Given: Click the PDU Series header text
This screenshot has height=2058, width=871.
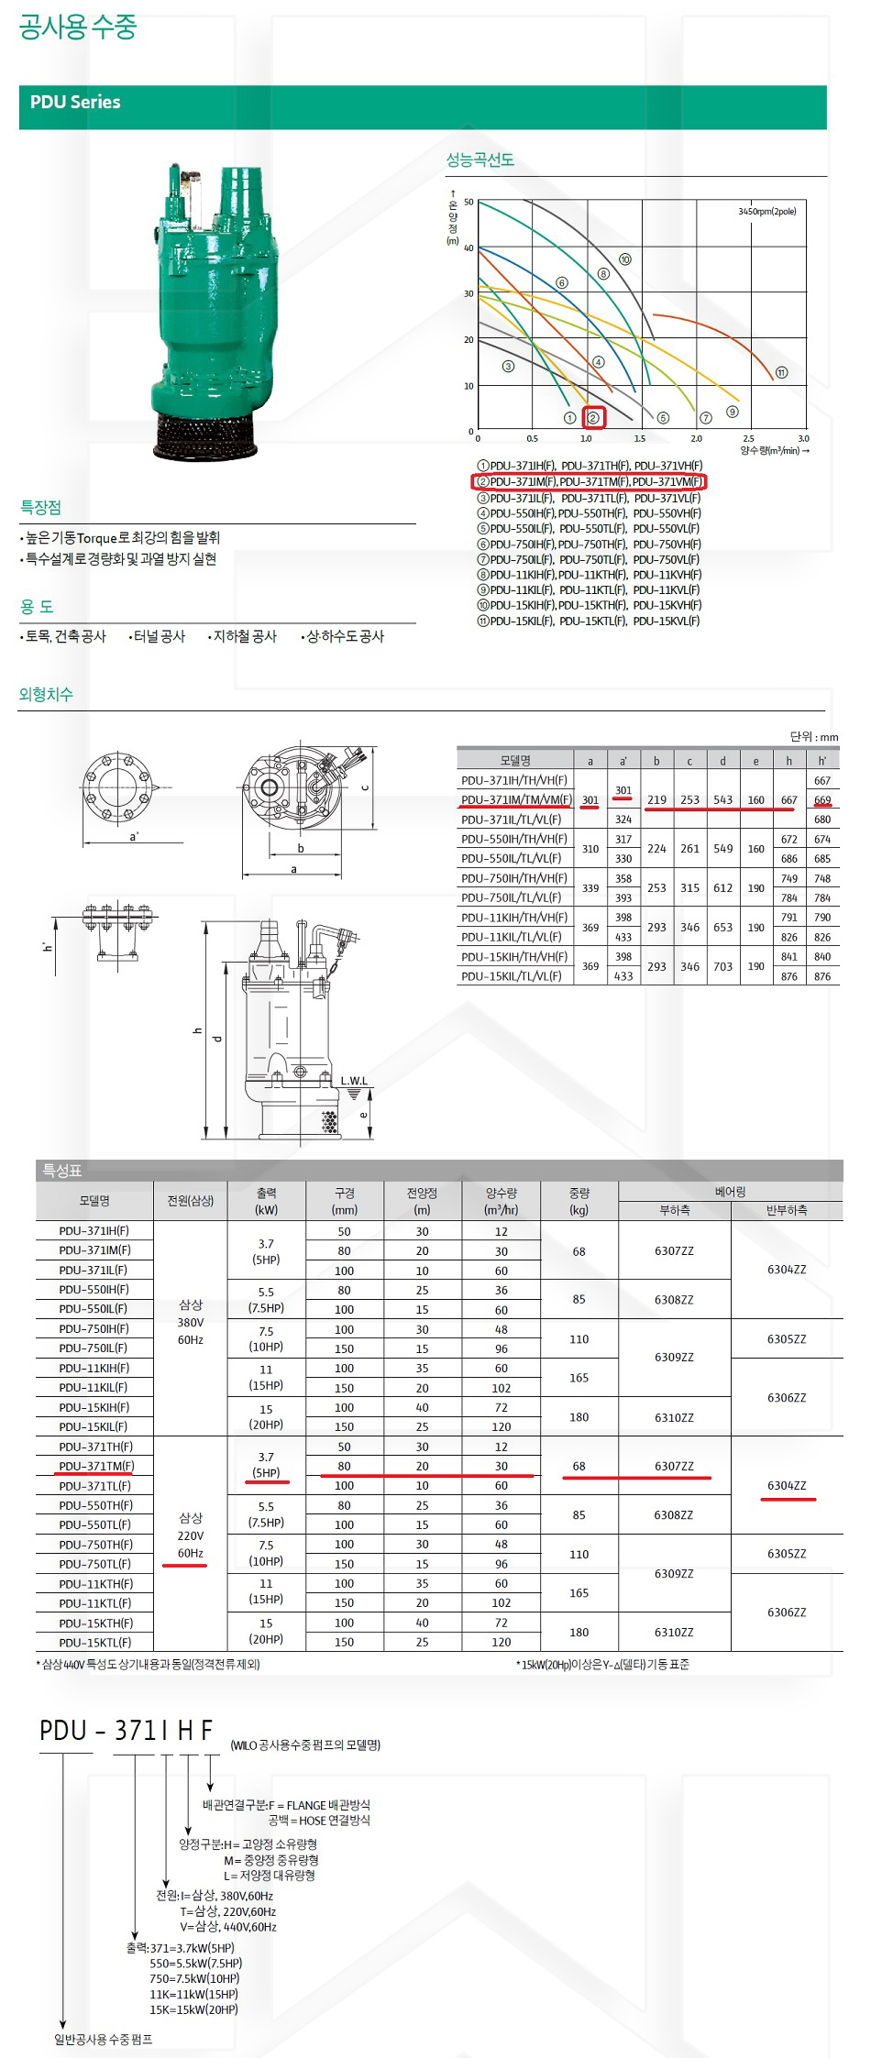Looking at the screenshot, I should click(x=75, y=103).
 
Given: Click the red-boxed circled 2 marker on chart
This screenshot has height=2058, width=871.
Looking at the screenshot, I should click(x=593, y=418).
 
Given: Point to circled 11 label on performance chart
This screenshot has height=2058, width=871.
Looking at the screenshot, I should click(x=781, y=372).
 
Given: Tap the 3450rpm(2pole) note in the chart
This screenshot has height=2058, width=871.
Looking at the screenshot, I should click(x=766, y=212).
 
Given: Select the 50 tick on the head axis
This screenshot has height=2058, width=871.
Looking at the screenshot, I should click(x=469, y=202).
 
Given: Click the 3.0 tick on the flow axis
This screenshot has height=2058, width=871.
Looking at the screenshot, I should click(x=804, y=439).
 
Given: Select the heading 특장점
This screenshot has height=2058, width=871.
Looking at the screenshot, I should click(x=41, y=508).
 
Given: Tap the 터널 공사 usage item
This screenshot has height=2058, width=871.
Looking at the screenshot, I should click(x=159, y=636).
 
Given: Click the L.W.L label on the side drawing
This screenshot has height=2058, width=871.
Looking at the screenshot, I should click(x=354, y=1081).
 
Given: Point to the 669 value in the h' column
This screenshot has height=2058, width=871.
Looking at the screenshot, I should click(x=822, y=800).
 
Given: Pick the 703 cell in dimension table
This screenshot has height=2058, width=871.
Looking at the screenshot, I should click(x=722, y=966).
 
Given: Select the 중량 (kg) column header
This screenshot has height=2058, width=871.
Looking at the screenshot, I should click(x=579, y=1201).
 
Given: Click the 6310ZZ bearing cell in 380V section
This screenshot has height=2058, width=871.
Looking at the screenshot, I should click(x=674, y=1417).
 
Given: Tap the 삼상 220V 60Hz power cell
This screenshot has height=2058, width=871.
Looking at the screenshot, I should click(x=191, y=1535).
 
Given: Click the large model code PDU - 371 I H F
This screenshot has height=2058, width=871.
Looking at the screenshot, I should click(x=126, y=1730).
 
